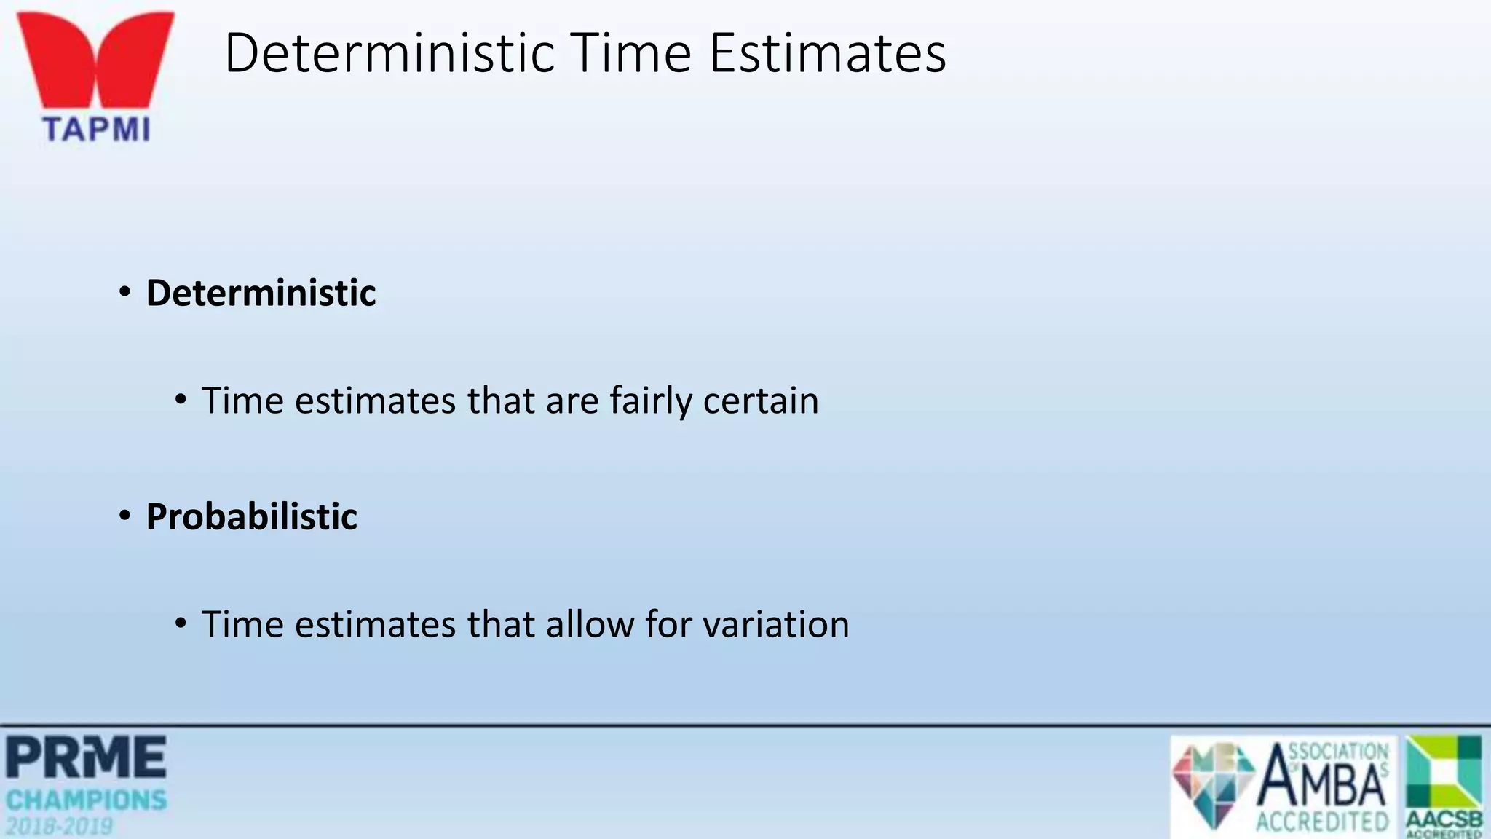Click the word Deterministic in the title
point(389,53)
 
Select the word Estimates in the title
point(828,53)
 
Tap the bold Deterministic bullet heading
point(261,293)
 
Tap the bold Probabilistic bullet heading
point(251,516)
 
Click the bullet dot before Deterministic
point(125,293)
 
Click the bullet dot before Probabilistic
point(125,516)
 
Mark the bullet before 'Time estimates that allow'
point(181,623)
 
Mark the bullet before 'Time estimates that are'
point(181,400)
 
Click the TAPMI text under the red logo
point(96,129)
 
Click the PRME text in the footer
point(86,757)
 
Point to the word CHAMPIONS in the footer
point(86,800)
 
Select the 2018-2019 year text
point(60,827)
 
